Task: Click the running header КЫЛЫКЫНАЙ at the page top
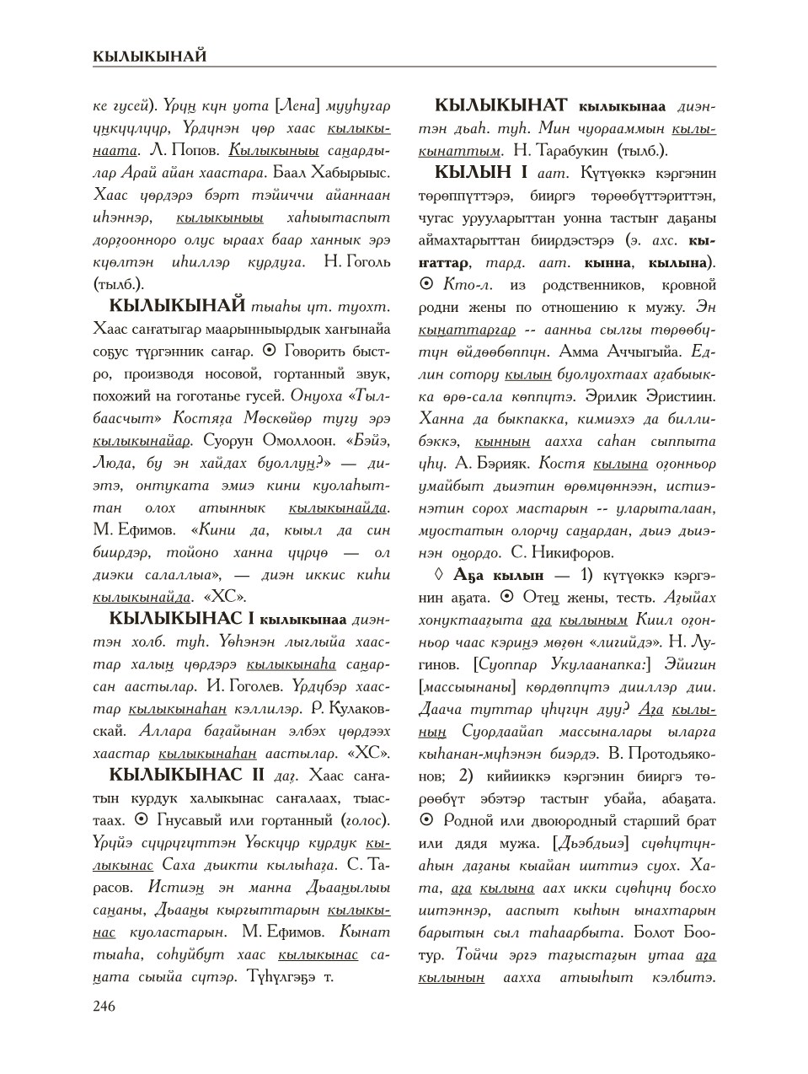coord(150,56)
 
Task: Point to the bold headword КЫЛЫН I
coord(481,173)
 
